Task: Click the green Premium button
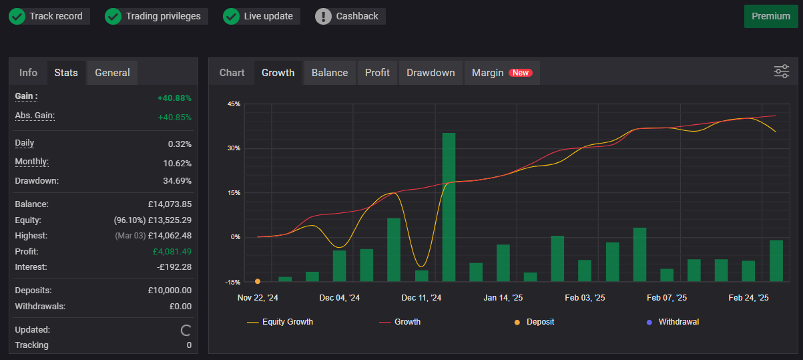point(770,16)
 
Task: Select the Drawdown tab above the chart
point(431,73)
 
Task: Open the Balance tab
point(330,73)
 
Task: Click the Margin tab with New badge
point(501,73)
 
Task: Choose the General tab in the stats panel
point(112,73)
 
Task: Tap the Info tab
point(28,73)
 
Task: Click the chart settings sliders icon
point(781,71)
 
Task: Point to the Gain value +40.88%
point(174,98)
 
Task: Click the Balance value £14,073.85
point(170,204)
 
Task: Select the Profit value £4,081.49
point(172,252)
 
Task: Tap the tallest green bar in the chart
point(449,207)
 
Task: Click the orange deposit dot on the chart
point(258,281)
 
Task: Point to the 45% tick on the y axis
point(234,104)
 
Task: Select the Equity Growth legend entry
point(280,322)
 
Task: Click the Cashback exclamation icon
point(323,16)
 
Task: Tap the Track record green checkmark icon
point(17,16)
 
